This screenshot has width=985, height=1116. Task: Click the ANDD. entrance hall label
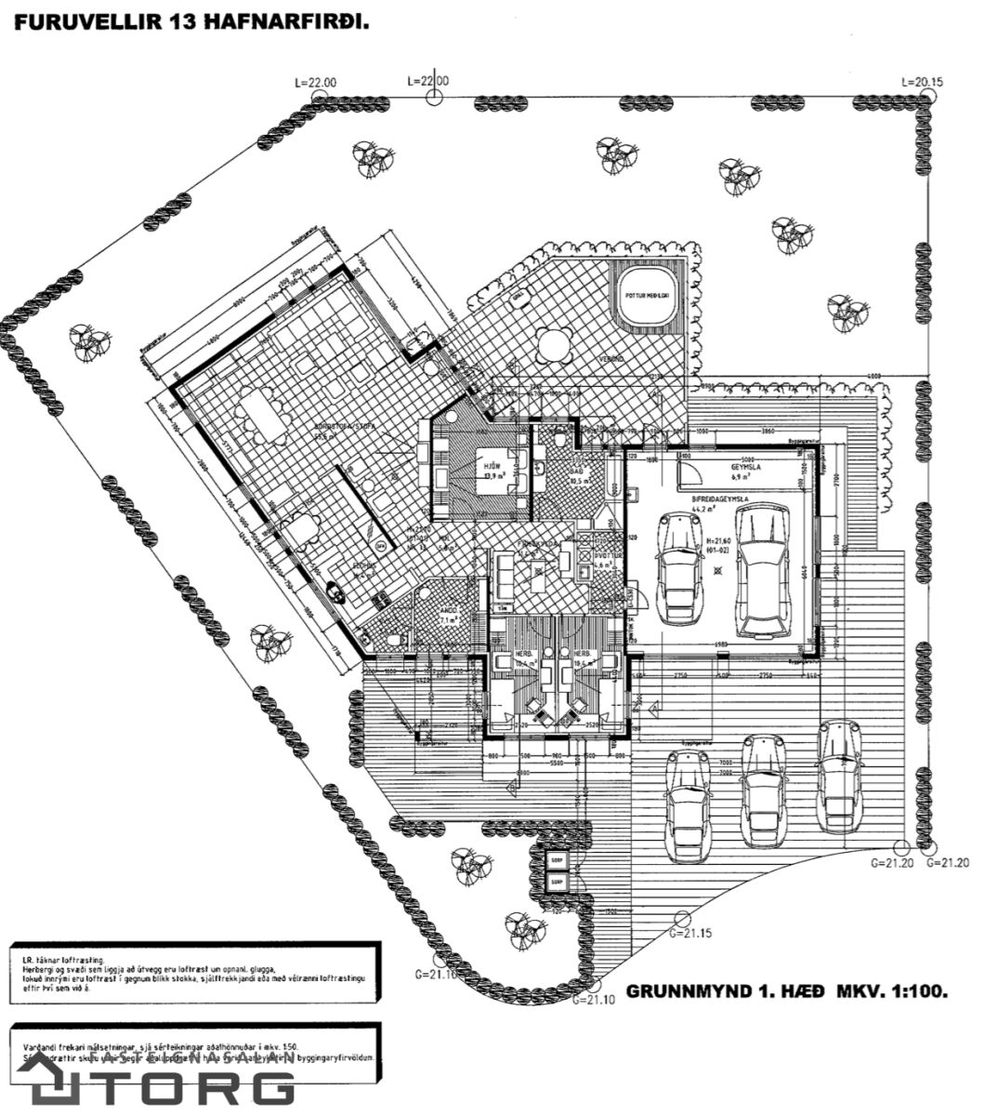pyautogui.click(x=448, y=610)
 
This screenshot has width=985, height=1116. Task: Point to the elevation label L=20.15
pyautogui.click(x=922, y=82)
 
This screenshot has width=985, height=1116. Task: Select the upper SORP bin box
pyautogui.click(x=557, y=859)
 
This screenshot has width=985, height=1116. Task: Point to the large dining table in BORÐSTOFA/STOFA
pyautogui.click(x=261, y=417)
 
